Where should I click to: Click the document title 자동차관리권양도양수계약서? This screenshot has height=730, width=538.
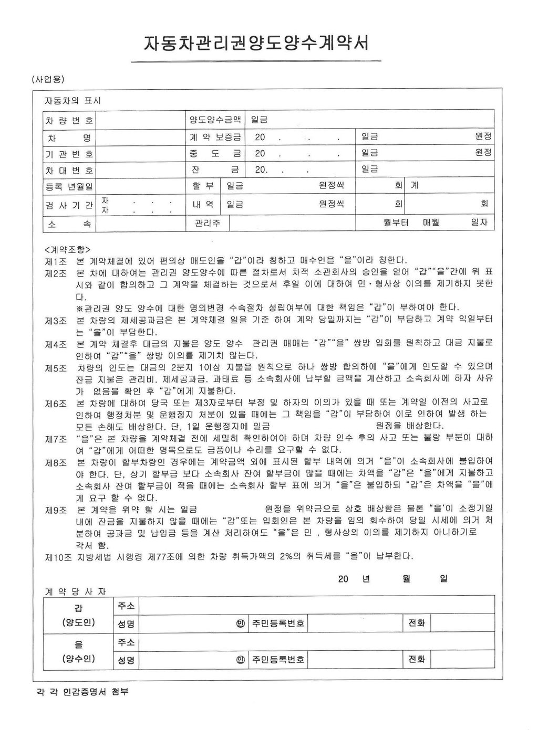(x=256, y=43)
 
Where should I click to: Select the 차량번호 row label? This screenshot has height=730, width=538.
(x=69, y=121)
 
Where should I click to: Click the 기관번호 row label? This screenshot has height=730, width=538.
(x=69, y=154)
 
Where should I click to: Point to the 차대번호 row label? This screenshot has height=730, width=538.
(x=69, y=170)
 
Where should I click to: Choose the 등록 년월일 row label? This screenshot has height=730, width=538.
(x=69, y=186)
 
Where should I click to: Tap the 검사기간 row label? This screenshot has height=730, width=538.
(x=69, y=205)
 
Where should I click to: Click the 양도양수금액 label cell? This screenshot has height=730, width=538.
(x=215, y=120)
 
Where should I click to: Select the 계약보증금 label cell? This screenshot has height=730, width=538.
(x=215, y=137)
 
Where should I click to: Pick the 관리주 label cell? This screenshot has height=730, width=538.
(x=208, y=223)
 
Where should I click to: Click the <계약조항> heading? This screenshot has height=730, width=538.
(x=68, y=249)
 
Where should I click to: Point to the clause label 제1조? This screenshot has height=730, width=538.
(x=56, y=260)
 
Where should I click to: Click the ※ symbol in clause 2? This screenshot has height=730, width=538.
(x=80, y=307)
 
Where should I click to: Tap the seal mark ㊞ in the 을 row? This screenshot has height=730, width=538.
(x=241, y=659)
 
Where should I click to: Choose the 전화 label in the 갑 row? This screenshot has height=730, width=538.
(x=416, y=623)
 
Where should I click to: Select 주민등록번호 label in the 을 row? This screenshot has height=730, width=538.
(x=278, y=659)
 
